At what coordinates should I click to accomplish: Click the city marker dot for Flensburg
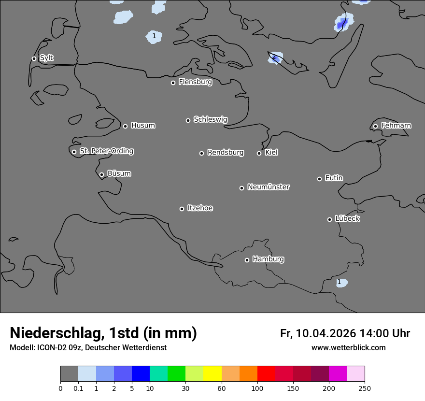pos(173,83)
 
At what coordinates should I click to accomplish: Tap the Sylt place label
pos(46,58)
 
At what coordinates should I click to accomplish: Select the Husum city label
pos(143,126)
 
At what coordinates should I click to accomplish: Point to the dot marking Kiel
pos(259,153)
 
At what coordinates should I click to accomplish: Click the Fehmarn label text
pos(396,126)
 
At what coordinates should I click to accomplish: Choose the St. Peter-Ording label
pos(106,151)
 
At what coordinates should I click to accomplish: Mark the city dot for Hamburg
pos(247,260)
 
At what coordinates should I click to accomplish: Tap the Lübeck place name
pos(347,219)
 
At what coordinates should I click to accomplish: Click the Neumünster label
pos(269,187)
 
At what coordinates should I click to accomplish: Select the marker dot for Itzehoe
pos(182,209)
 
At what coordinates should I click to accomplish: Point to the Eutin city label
pos(334,178)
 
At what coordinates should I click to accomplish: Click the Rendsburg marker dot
pos(201,153)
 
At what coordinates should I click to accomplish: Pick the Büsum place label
pos(119,173)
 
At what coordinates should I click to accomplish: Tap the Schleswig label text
pos(210,119)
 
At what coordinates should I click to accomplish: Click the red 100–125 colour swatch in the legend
pos(266,374)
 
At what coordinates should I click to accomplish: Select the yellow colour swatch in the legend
pos(212,374)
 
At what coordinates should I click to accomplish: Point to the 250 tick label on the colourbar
pos(365,388)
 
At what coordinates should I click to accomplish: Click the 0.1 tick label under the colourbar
pos(78,388)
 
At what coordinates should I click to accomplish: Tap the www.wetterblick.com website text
pos(348,348)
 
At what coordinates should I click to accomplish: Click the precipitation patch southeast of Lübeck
pos(341,283)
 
